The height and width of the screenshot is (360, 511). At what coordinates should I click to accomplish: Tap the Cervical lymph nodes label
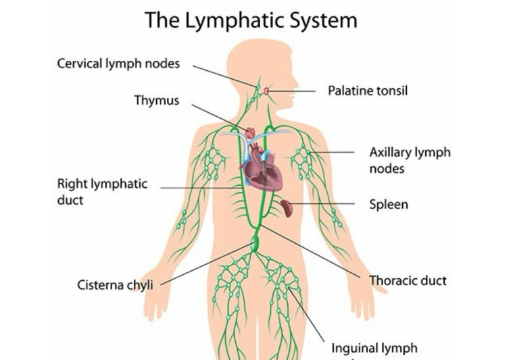coord(118,64)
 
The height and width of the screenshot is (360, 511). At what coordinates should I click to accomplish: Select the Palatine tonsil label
coord(367,90)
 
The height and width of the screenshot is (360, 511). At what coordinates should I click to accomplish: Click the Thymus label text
coord(157,101)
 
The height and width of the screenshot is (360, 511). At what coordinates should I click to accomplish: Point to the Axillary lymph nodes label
coord(409,160)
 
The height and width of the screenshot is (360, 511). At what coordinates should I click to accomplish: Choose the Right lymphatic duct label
coord(102,192)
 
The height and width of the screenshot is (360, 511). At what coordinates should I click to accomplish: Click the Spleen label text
coord(388,203)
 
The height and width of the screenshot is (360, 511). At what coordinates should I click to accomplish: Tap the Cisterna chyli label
coord(115,284)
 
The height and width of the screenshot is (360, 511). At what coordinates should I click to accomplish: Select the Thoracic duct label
coord(408,280)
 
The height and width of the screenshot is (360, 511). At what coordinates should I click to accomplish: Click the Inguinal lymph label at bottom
coord(374,349)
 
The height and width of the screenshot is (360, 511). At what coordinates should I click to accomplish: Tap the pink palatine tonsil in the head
coord(268,91)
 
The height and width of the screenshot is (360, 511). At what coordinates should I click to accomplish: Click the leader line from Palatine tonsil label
coord(294,91)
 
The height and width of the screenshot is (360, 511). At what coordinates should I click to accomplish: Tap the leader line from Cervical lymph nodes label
coord(223,75)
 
